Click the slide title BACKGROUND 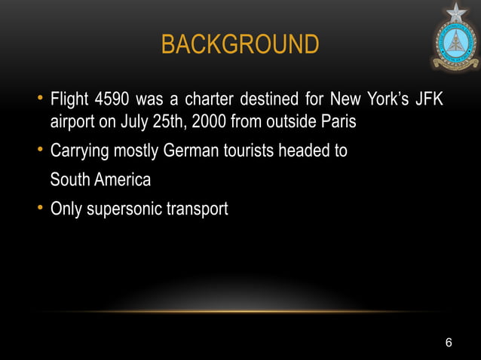pos(240,44)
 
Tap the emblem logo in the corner pos(455,37)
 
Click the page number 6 pos(449,343)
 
